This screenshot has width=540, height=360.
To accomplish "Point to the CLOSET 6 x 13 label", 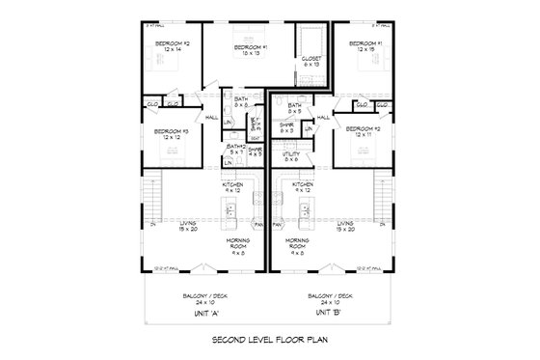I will pyautogui.click(x=311, y=61).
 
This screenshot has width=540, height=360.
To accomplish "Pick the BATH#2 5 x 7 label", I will pyautogui.click(x=235, y=150).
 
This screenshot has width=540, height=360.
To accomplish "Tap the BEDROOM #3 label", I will pyautogui.click(x=173, y=133).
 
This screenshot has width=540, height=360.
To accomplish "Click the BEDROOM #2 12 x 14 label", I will pyautogui.click(x=173, y=46).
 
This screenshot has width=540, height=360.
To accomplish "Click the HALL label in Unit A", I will pyautogui.click(x=210, y=118).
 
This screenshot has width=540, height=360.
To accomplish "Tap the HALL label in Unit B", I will pyautogui.click(x=324, y=118).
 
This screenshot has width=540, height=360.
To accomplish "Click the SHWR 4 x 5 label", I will pyautogui.click(x=255, y=152).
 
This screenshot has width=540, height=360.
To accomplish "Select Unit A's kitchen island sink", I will pyautogui.click(x=256, y=200).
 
